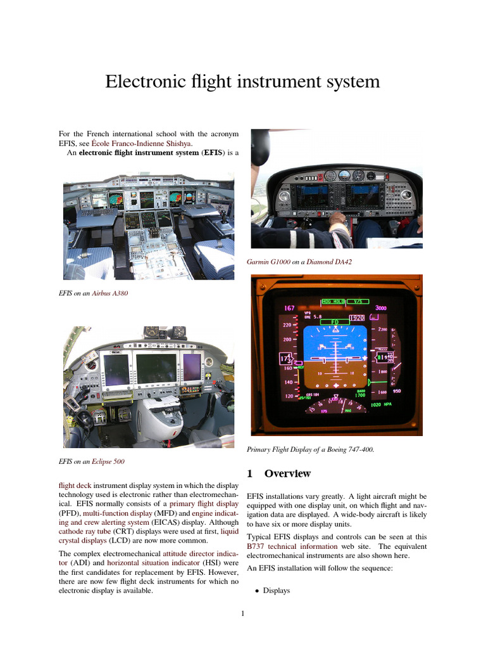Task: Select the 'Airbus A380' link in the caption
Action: pyautogui.click(x=111, y=293)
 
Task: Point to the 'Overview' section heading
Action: pyautogui.click(x=287, y=473)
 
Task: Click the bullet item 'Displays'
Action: pyautogui.click(x=276, y=591)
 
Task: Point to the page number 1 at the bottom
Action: pyautogui.click(x=243, y=614)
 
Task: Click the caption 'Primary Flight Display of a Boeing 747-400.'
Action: pyautogui.click(x=310, y=449)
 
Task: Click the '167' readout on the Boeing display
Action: pyautogui.click(x=290, y=309)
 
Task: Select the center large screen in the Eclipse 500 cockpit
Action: pyautogui.click(x=156, y=368)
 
